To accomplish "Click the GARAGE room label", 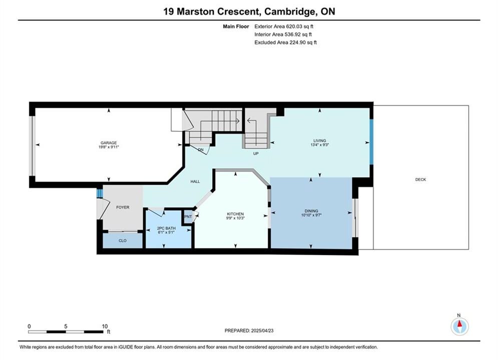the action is tap(109, 142).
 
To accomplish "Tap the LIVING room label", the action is tap(319, 140).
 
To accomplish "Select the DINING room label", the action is tap(311, 211).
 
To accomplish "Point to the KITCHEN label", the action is tap(235, 214).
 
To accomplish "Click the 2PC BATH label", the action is tap(166, 228).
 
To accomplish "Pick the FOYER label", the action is tap(123, 207).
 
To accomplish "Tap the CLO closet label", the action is tap(123, 240).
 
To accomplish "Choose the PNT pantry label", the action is tap(188, 216).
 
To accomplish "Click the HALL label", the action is tap(195, 181).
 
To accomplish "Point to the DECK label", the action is tap(420, 179).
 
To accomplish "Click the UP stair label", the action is tap(256, 153).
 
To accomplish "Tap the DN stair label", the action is tap(201, 149).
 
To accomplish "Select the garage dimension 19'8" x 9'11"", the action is tap(109, 147).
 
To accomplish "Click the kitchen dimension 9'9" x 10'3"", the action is tap(235, 218).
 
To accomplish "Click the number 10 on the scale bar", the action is tap(105, 326).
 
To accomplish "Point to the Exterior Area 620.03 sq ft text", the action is tap(284, 26).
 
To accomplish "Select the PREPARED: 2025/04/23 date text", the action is tap(249, 330).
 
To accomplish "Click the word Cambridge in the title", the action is tap(289, 11).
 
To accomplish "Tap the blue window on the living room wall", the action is tap(371, 142).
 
